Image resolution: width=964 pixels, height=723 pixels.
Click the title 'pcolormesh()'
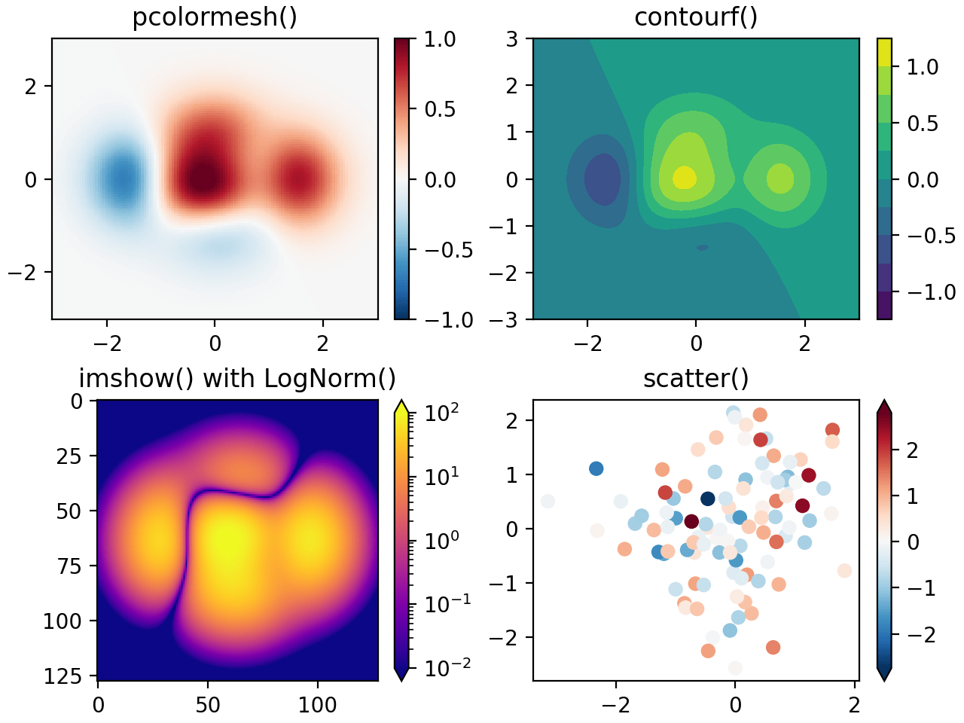click(x=215, y=17)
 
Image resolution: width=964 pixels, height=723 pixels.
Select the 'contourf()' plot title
click(x=696, y=17)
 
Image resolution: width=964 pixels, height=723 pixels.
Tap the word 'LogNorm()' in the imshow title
click(x=330, y=378)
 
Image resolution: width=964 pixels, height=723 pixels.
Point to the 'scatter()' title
click(x=696, y=378)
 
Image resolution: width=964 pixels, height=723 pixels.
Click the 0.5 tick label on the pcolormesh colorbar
click(x=440, y=109)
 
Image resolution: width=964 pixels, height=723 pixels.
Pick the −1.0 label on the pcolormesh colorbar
click(x=449, y=320)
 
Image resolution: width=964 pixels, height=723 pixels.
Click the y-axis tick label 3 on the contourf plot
click(x=512, y=39)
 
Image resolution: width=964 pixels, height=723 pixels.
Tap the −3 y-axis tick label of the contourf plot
click(x=505, y=320)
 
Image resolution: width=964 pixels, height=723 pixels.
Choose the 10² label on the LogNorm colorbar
click(x=442, y=413)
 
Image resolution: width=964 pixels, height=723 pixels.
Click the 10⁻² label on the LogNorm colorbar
click(x=447, y=667)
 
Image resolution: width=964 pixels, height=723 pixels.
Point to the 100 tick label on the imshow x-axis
click(x=317, y=705)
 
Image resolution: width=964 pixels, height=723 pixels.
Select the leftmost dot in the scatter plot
click(x=548, y=502)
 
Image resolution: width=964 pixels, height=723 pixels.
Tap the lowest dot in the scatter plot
click(x=735, y=668)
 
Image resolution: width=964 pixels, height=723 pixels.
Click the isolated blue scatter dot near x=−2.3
click(x=596, y=468)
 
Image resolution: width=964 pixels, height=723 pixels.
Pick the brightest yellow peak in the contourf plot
click(x=684, y=178)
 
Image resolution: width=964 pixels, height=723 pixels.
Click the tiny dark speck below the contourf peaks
click(x=702, y=247)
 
